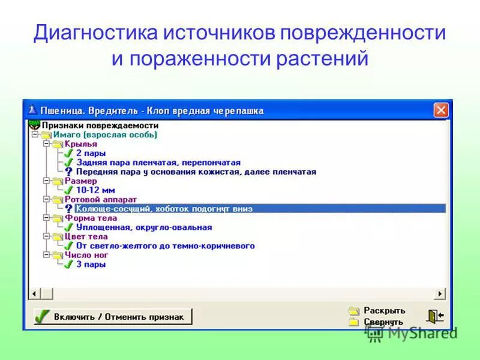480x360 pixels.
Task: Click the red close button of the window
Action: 441,110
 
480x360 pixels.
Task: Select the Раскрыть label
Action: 384,311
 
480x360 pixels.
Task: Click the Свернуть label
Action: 383,322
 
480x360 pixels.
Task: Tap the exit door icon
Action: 434,316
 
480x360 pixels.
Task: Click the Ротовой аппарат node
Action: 101,199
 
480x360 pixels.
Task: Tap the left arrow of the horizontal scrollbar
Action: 35,293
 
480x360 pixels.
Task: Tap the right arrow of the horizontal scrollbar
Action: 441,293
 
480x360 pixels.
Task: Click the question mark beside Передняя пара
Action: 69,172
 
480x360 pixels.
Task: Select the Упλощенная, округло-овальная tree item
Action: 144,227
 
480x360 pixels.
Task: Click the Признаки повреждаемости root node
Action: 100,125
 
